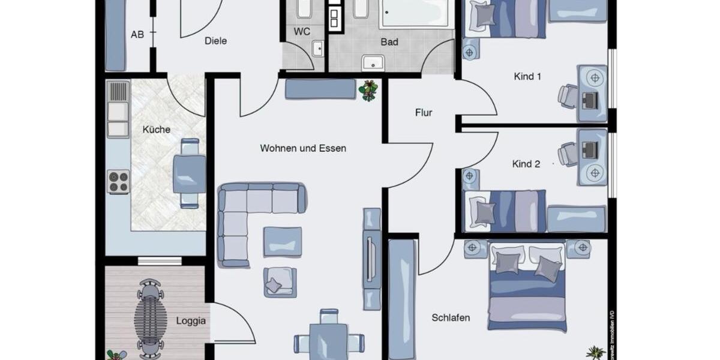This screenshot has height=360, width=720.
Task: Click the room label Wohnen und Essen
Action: click(x=303, y=148)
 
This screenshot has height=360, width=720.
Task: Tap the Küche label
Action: click(x=157, y=130)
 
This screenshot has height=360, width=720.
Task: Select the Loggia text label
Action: click(x=191, y=321)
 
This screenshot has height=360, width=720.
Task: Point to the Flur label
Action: click(x=424, y=112)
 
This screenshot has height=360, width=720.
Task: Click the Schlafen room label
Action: click(x=451, y=318)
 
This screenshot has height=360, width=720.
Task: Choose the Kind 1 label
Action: click(x=527, y=77)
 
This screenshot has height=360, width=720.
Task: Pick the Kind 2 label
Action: click(x=526, y=164)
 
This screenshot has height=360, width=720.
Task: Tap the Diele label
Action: click(x=215, y=41)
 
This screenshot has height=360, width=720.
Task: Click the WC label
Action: click(x=302, y=32)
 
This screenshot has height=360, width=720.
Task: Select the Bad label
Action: click(x=389, y=42)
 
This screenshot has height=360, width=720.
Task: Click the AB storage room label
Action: click(x=137, y=35)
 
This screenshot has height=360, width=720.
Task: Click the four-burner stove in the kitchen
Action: click(x=118, y=182)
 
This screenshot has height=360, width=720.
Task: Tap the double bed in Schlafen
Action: click(x=527, y=287)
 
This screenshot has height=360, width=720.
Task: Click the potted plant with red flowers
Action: click(x=368, y=90)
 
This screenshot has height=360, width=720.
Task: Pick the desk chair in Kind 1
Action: click(x=567, y=95)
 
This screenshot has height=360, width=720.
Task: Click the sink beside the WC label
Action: click(x=317, y=48)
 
